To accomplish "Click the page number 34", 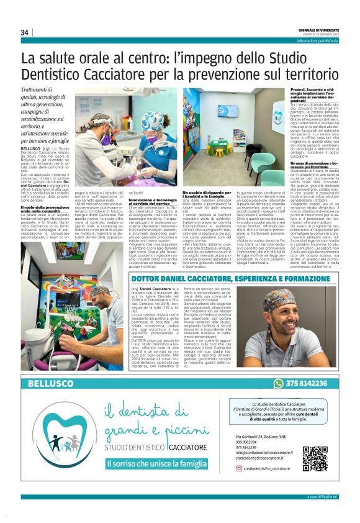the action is click(x=25, y=32).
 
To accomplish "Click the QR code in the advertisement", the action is click(x=315, y=459).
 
